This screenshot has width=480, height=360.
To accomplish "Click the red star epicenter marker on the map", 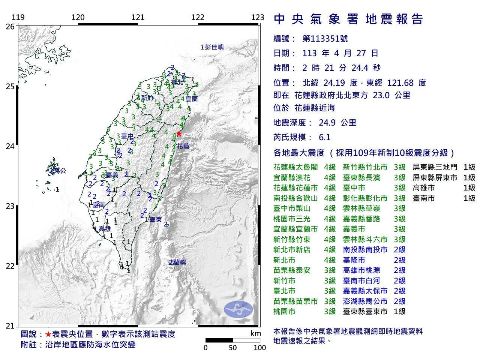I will tap(179, 133).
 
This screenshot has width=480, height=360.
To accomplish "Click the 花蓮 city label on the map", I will tap(183, 146).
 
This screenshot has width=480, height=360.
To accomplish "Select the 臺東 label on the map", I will tap(156, 220).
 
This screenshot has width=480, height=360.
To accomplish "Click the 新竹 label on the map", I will tap(147, 98).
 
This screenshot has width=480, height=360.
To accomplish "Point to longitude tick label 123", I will tap(258, 17).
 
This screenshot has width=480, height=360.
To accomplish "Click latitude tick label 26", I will tap(10, 27).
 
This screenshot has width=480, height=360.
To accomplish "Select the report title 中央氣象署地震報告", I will tap(348, 19).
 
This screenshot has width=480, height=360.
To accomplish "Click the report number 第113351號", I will tap(325, 39).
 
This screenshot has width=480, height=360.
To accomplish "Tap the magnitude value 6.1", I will tap(324, 137).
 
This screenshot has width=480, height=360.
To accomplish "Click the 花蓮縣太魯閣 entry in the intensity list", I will tap(295, 167).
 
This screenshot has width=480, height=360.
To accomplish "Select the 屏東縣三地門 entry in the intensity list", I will tap(435, 167).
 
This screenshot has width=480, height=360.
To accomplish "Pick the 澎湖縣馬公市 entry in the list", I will tap(365, 301).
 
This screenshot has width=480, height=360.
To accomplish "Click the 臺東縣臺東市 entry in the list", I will tap(365, 311).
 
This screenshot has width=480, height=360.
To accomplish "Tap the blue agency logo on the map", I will tap(238, 309).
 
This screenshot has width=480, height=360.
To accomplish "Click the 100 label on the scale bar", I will tap(259, 348).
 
